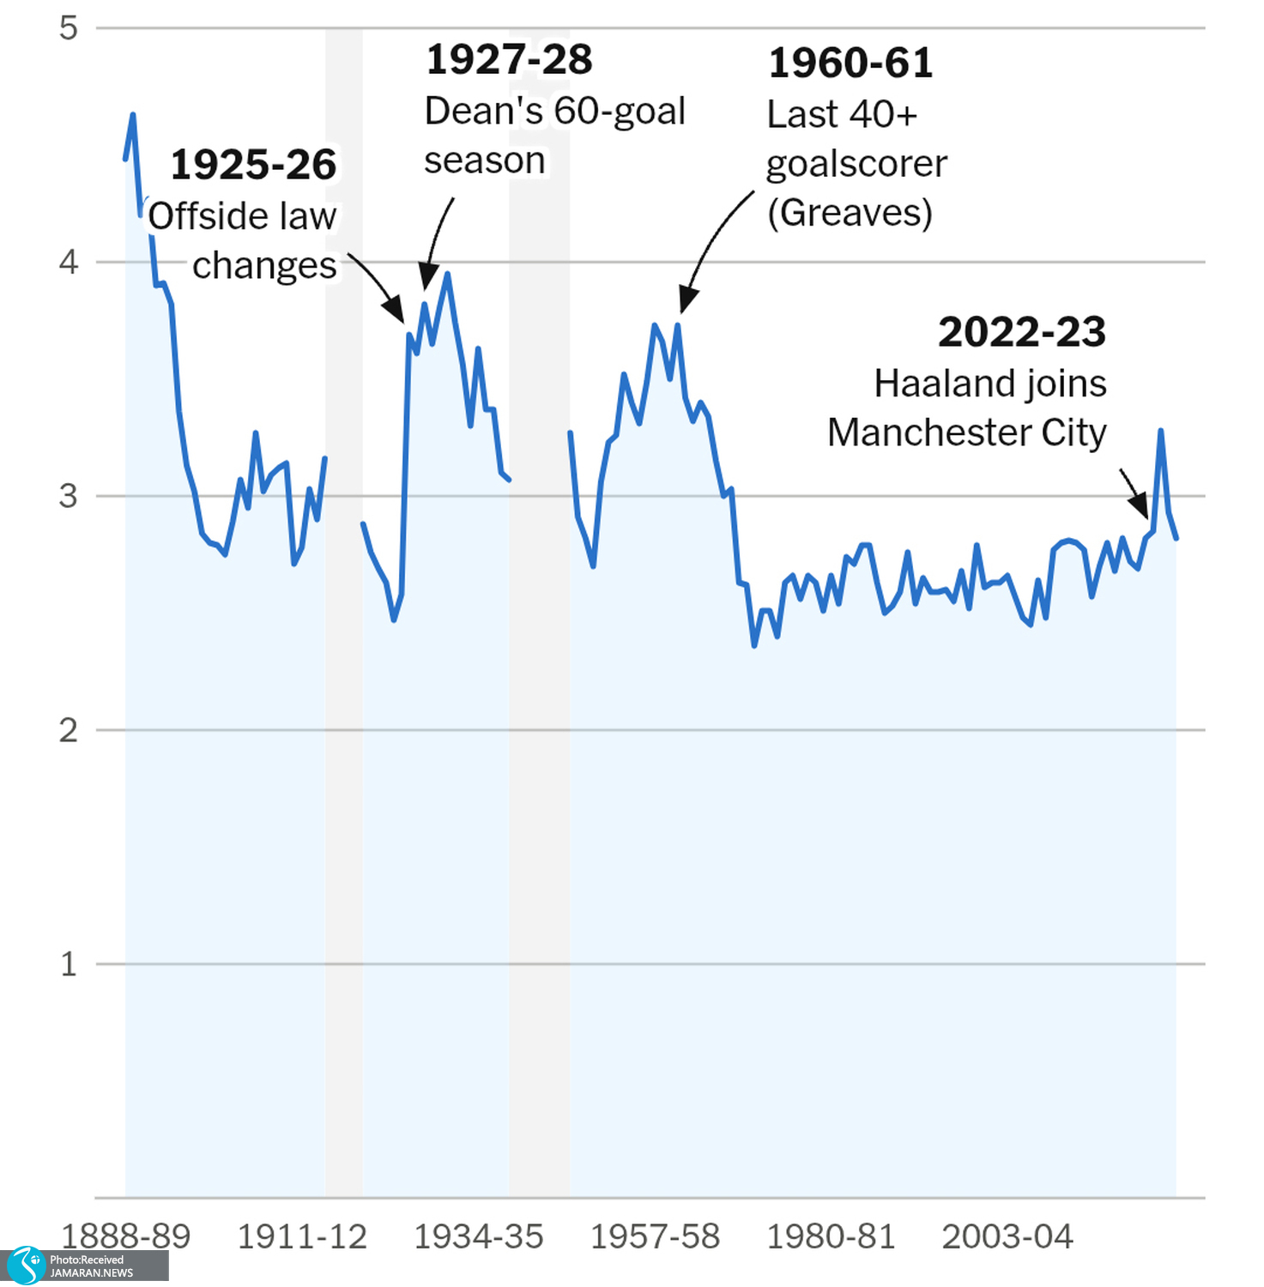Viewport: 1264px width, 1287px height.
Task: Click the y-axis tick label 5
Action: click(69, 28)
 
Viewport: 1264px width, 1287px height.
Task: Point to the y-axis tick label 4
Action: click(69, 262)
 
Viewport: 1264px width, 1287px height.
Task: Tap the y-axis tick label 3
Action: click(69, 496)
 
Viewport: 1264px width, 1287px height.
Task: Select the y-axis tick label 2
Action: click(69, 730)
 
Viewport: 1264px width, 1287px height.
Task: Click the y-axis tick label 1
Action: click(69, 964)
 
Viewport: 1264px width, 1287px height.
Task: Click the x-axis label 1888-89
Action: click(125, 1236)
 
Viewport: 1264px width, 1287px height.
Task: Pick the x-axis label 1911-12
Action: click(302, 1236)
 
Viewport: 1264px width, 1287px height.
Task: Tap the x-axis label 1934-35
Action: click(479, 1236)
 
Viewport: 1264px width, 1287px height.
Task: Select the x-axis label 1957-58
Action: click(655, 1236)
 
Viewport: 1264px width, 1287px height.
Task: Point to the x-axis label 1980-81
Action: click(831, 1236)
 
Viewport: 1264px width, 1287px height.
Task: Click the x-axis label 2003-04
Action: click(1007, 1236)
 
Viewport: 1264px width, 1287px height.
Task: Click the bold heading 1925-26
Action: click(253, 165)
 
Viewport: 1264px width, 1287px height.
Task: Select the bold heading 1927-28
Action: click(509, 60)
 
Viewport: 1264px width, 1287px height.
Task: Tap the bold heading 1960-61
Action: click(850, 63)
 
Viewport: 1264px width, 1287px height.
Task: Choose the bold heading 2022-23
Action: click(1022, 332)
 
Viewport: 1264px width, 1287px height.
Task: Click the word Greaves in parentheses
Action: click(850, 213)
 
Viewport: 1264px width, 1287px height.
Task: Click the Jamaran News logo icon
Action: click(25, 1266)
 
